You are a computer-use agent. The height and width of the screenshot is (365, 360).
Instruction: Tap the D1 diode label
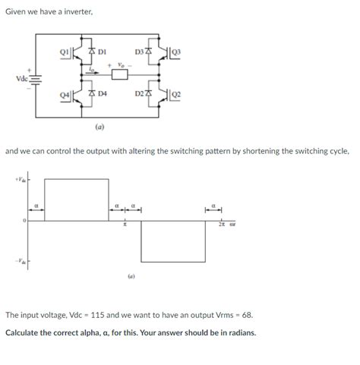pyautogui.click(x=101, y=52)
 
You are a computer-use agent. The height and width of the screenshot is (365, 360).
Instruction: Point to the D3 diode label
pyautogui.click(x=139, y=52)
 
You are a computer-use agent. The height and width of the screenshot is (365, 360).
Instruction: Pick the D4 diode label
pyautogui.click(x=101, y=93)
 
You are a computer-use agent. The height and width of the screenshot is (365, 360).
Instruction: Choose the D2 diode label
pyautogui.click(x=139, y=93)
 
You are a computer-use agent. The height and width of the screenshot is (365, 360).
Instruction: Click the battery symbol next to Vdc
pyautogui.click(x=35, y=78)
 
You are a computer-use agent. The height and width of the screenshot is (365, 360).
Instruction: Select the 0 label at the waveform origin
pyautogui.click(x=24, y=221)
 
